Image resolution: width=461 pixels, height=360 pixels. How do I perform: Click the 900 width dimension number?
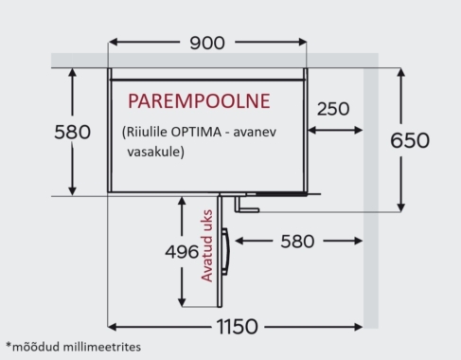tap(207, 44)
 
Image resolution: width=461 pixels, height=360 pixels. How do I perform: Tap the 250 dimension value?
tap(332, 109)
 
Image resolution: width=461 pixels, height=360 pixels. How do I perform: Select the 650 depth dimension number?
tap(410, 140)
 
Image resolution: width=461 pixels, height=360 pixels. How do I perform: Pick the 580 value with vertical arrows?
tap(72, 131)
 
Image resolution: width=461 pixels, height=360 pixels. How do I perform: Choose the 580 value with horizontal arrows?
tap(298, 242)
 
